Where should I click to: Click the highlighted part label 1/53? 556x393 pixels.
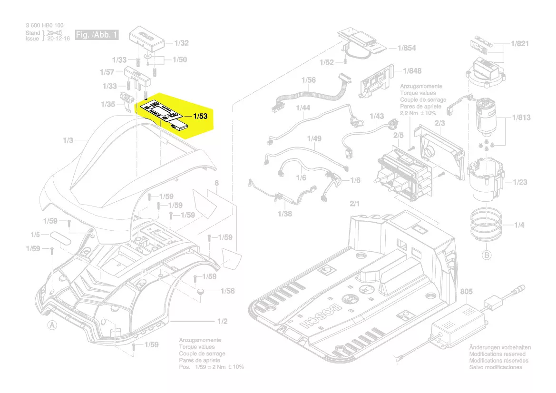click(200, 116)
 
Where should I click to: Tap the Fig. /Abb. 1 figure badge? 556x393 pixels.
click(97, 36)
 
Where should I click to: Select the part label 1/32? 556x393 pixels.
click(181, 43)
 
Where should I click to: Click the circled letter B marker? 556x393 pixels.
click(487, 255)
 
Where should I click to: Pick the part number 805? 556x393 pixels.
click(467, 291)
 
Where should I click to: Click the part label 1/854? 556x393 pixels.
click(407, 48)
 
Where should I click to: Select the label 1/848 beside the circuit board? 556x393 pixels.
click(412, 71)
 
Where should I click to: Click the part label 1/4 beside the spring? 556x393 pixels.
click(519, 225)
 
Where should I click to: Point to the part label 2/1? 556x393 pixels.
click(355, 204)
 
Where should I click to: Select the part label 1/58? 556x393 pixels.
click(227, 291)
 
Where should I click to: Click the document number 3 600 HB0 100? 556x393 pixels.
click(44, 25)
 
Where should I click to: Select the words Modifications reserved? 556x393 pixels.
click(497, 354)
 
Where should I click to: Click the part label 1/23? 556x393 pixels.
click(520, 182)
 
